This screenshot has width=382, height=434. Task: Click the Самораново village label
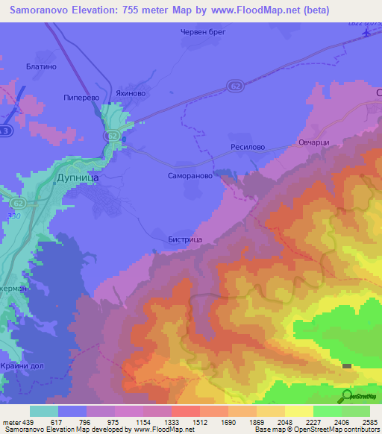click(190, 177)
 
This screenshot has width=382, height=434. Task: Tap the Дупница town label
click(78, 178)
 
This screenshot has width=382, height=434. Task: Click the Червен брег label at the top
click(202, 32)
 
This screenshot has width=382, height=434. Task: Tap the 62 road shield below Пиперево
click(113, 135)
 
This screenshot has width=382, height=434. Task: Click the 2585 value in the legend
click(369, 421)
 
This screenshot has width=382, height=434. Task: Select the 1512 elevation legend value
click(200, 421)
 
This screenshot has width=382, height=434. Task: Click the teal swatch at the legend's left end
click(44, 411)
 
